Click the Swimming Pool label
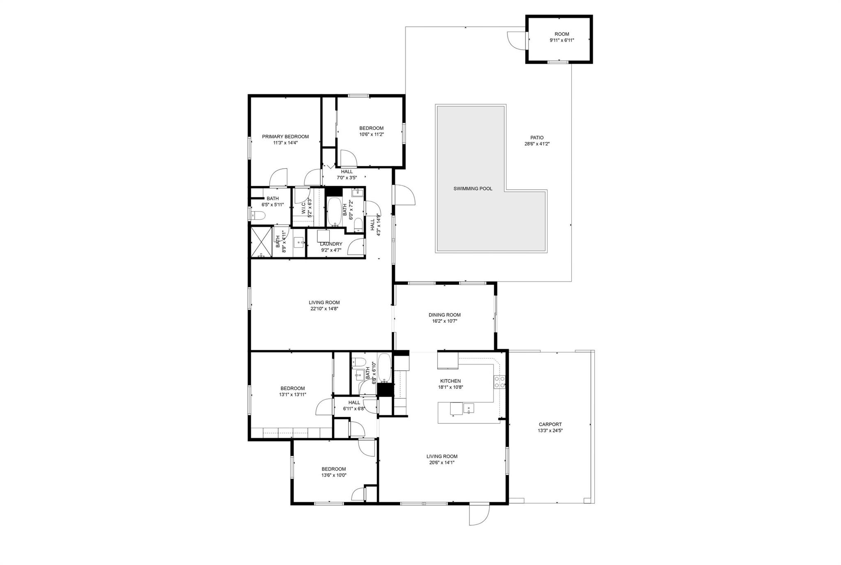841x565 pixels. coord(473,189)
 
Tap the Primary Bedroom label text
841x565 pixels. coord(285,137)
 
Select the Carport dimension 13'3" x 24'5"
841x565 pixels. coord(550,431)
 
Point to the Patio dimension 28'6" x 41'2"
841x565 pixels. coord(537,144)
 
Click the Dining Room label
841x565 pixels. coord(445,315)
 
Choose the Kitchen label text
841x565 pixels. coord(450,381)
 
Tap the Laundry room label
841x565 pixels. coord(331,244)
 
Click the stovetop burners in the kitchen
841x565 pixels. coord(499,382)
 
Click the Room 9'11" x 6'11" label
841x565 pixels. coord(562,37)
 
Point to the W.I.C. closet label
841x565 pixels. coord(304,208)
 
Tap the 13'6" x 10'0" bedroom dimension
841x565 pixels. coord(334,475)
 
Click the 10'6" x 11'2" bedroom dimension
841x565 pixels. coord(372,134)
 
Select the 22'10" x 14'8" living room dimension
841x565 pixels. coord(324,309)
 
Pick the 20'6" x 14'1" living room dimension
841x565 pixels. coord(442,462)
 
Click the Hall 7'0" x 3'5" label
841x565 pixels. coord(347,175)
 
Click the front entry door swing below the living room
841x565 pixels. coord(480,514)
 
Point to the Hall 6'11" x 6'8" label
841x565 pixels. coord(354,406)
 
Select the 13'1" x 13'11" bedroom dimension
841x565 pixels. coord(293,395)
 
